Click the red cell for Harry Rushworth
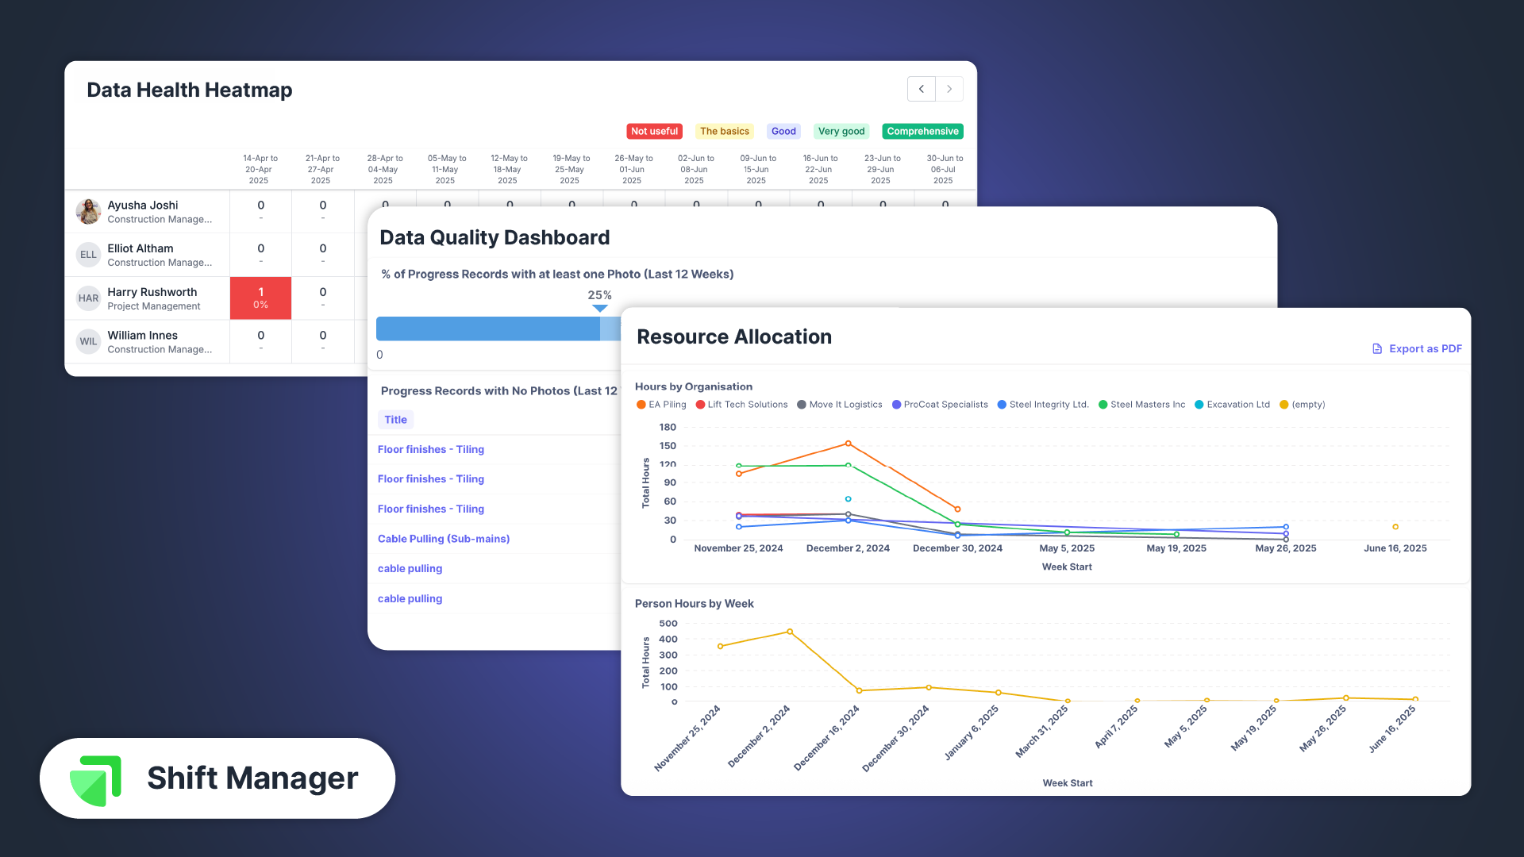(260, 298)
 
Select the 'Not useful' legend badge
(654, 132)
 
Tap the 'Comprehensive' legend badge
(922, 132)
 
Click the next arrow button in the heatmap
(949, 89)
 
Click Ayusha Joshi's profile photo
(88, 212)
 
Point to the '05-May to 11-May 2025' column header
(446, 170)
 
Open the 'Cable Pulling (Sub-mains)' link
(444, 539)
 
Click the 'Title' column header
(395, 420)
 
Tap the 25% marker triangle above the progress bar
(600, 308)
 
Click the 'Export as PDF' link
(1417, 349)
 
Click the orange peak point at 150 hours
(849, 444)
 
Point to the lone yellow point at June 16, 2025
(1395, 527)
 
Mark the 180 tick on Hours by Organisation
(668, 427)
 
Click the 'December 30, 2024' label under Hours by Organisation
(957, 548)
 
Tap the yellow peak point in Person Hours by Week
(790, 632)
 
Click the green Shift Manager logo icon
(96, 780)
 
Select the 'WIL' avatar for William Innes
(88, 342)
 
